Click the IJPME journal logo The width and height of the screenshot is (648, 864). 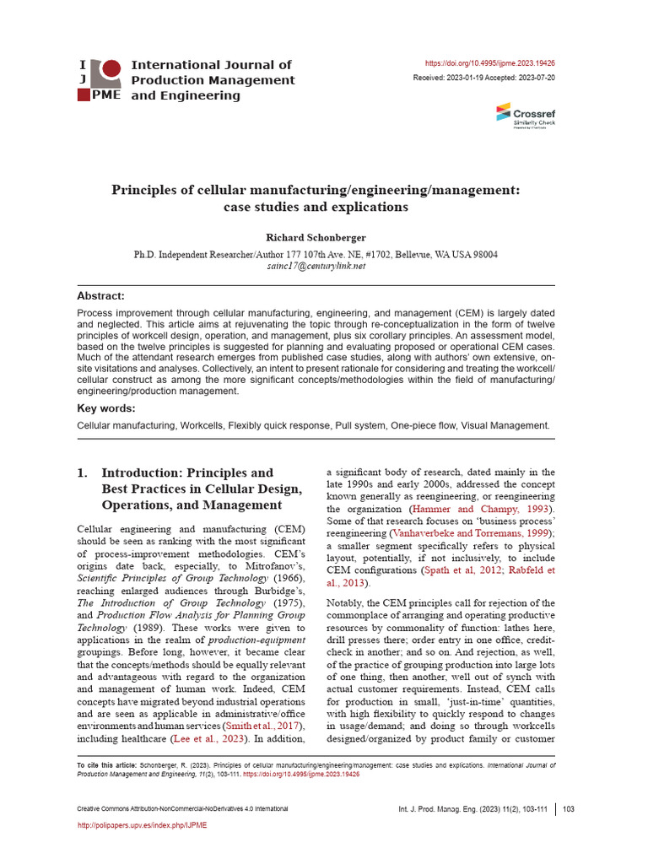pos(99,80)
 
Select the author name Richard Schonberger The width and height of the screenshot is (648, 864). pos(316,237)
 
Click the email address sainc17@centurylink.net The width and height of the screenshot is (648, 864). pos(316,266)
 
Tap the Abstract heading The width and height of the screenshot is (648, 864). pos(100,296)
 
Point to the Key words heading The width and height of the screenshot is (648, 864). pos(105,408)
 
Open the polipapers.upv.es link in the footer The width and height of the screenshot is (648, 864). pos(142,825)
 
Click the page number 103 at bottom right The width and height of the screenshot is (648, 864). pos(568,809)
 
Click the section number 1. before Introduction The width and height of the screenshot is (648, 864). pos(83,473)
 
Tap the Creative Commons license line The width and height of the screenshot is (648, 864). pos(182,809)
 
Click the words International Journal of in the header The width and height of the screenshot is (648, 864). pos(212,65)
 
